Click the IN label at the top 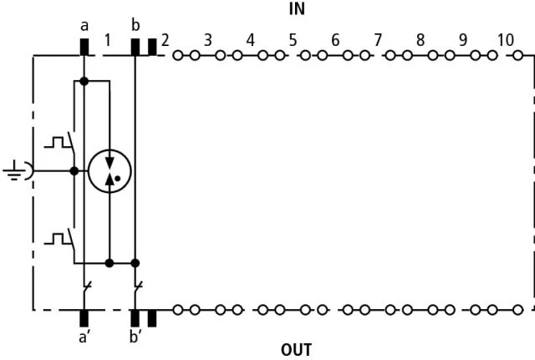point(297,9)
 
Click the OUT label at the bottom point(296,350)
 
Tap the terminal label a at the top point(84,26)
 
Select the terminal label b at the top point(135,25)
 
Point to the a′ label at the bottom point(84,337)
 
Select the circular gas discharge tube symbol point(110,171)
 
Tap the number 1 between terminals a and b point(108,40)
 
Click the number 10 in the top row point(505,40)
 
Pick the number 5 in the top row point(293,40)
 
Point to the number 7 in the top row point(378,40)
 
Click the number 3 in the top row point(208,40)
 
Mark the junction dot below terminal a point(84,81)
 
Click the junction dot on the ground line point(74,170)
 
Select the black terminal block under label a point(84,47)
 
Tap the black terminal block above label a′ point(84,318)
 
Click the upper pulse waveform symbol point(58,143)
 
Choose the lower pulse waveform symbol point(58,239)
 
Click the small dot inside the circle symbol point(118,178)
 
